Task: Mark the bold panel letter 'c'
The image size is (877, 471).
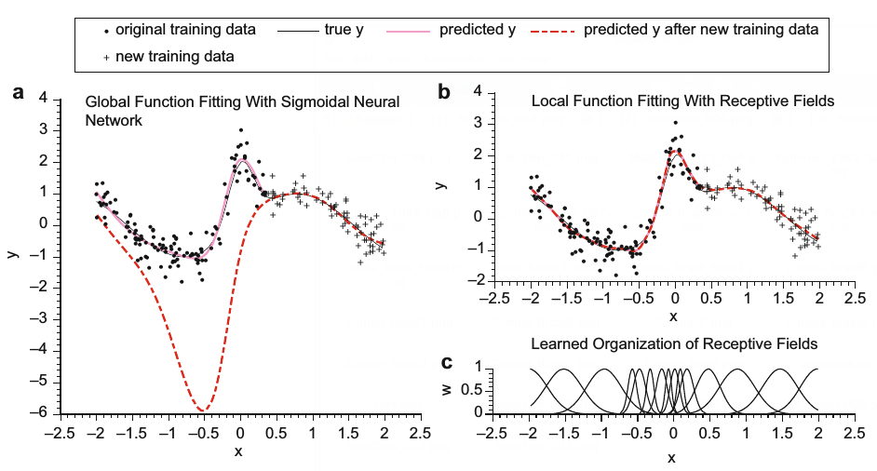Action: tap(447, 362)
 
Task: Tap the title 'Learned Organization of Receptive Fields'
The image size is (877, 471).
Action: tap(673, 344)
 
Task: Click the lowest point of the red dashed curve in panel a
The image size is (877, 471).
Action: tap(201, 410)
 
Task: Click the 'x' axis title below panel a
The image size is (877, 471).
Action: tap(238, 451)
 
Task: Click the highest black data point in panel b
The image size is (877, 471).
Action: tap(676, 123)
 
